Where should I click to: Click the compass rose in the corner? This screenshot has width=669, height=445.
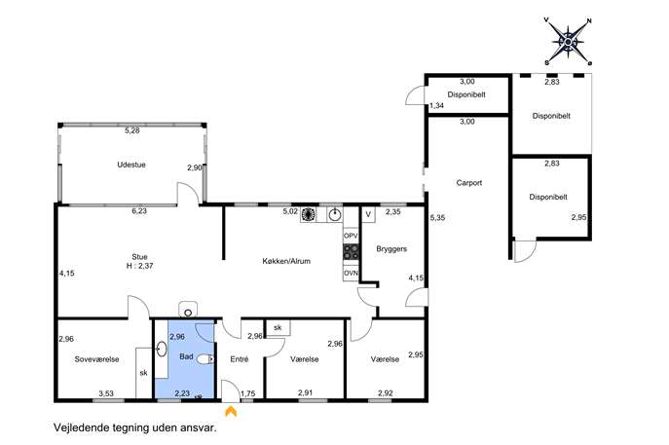569,42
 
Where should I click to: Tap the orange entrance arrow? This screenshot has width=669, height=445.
231,411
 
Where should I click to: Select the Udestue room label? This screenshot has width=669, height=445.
131,165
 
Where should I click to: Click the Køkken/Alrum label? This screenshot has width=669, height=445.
286,261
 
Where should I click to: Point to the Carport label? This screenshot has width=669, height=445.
469,183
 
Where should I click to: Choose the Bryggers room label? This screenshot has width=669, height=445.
391,248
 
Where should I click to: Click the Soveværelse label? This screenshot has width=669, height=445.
96,359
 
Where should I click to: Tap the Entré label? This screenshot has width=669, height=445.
240,359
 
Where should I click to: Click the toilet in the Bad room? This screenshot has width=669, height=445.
205,359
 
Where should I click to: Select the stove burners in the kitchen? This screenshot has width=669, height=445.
352,252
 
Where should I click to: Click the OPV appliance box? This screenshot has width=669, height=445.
351,236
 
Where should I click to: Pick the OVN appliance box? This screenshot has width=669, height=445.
351,274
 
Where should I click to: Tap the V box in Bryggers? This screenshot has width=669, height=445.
369,214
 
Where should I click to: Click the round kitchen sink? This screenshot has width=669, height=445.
336,214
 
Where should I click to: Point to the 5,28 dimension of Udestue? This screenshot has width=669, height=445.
132,130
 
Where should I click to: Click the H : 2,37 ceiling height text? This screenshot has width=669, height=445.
140,266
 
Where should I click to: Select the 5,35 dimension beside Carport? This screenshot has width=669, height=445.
437,217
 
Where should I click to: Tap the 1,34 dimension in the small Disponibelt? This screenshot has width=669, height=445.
436,106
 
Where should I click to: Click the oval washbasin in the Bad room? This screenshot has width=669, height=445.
162,349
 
